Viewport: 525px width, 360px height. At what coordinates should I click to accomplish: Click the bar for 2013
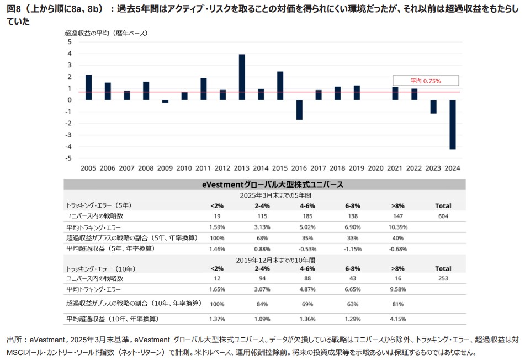pos(242,77)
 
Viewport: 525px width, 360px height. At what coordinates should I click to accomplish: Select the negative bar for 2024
pos(453,124)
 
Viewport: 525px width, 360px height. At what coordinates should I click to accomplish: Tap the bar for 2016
pos(299,110)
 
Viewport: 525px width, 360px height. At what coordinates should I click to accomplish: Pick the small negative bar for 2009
pos(165,102)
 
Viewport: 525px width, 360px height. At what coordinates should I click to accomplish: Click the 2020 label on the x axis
pos(376,168)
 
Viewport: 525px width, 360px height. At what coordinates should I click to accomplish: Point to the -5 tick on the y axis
pos(70,158)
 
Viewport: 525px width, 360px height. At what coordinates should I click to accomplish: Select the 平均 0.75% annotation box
pos(425,81)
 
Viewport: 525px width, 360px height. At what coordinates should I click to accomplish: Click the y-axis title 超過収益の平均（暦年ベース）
pos(106,33)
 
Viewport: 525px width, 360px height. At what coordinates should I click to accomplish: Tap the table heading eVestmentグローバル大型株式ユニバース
pos(265,184)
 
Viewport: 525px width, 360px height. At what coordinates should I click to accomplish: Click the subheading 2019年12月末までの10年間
pos(264,258)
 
